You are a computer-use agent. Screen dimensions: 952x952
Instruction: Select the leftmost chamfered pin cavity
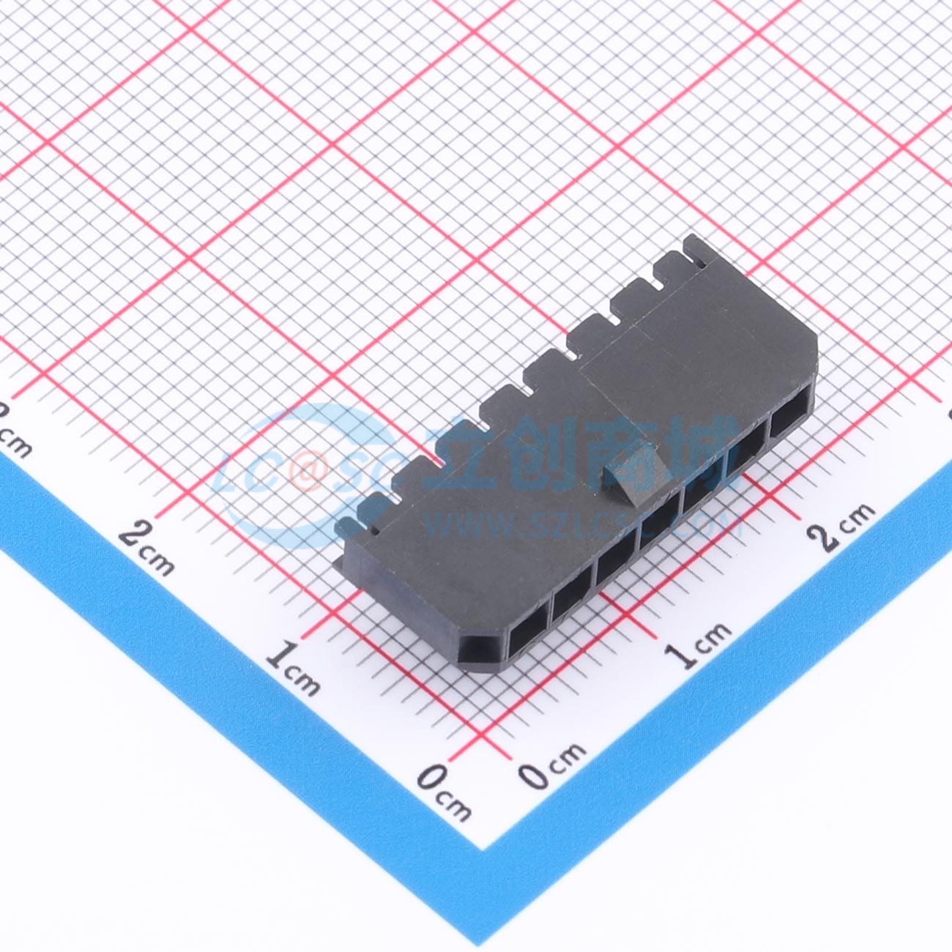point(483,644)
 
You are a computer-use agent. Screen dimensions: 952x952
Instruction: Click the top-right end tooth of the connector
point(696,249)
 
